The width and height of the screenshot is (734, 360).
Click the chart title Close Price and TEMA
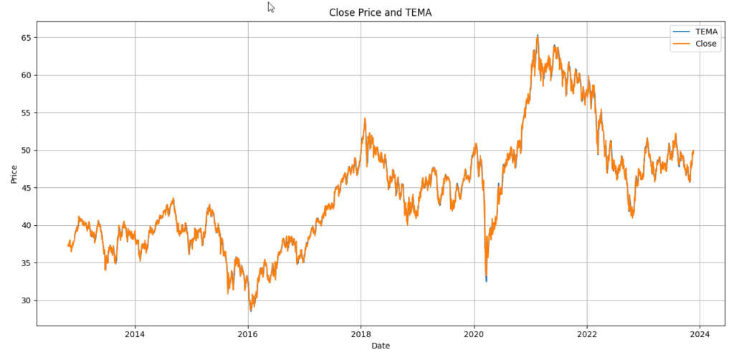(380, 12)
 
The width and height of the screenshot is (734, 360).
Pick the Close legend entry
(705, 44)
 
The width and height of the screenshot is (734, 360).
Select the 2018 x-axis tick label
(361, 334)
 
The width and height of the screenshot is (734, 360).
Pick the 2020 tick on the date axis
(474, 334)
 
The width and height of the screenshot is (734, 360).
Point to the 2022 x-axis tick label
(587, 334)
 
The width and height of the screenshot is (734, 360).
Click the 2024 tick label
(700, 334)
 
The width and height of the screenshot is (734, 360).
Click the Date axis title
(381, 346)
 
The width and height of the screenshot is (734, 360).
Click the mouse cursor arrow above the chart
(271, 6)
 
